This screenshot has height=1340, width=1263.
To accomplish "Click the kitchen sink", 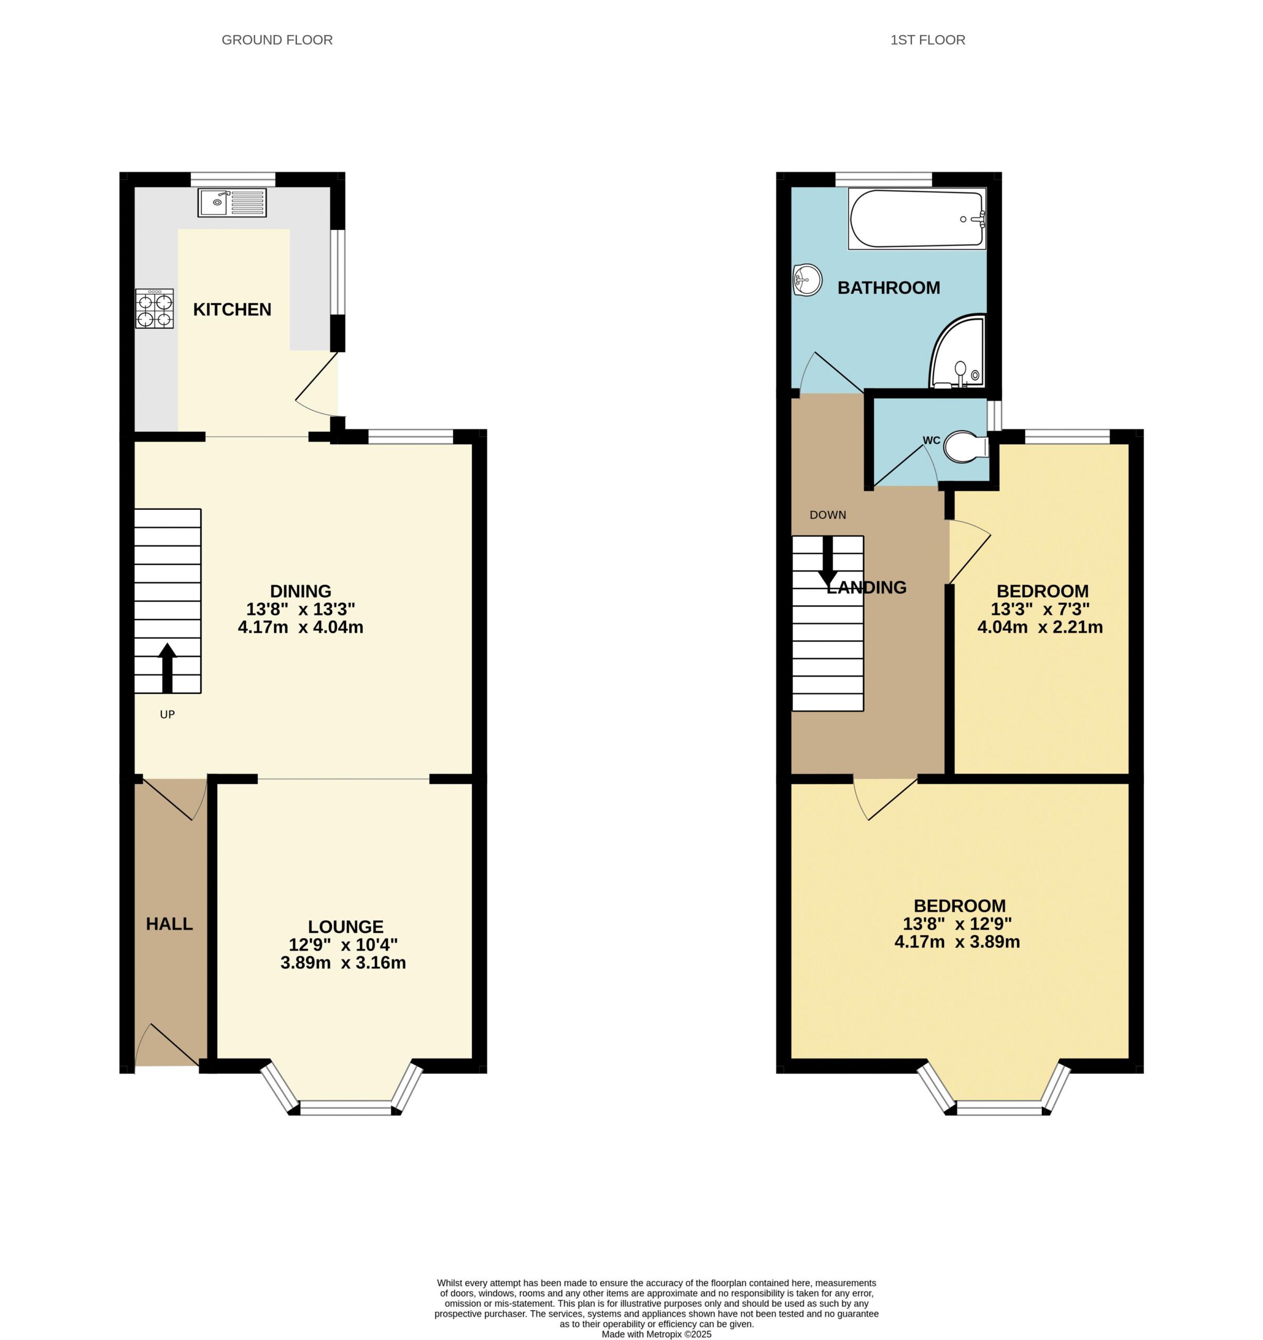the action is (232, 202).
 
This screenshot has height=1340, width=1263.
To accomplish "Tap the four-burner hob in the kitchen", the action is (154, 309).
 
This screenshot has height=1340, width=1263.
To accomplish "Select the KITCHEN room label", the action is (232, 309).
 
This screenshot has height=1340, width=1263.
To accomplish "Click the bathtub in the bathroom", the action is (916, 218).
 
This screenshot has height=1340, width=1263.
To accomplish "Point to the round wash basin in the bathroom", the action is (808, 279).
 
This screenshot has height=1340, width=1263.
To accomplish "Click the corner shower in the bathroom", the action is (958, 351).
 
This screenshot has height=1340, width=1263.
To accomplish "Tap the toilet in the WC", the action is (966, 447).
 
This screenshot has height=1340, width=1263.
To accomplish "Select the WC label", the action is (931, 441).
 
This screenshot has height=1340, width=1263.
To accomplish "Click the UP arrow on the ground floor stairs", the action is (167, 667).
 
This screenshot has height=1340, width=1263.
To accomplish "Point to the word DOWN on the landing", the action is (828, 515).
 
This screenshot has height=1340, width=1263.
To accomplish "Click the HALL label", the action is (169, 924).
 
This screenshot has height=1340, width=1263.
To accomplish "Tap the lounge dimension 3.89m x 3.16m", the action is (343, 963).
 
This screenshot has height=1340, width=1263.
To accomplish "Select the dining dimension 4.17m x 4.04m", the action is (300, 627).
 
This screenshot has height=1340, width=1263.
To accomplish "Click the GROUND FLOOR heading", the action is (277, 40).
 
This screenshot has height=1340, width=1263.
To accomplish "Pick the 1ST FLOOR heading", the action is (927, 40).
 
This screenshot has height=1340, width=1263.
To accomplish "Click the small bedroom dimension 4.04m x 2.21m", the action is (1040, 627).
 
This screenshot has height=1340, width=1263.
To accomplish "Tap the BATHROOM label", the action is (888, 288).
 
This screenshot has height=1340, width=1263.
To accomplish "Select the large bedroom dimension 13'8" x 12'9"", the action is (957, 923).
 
